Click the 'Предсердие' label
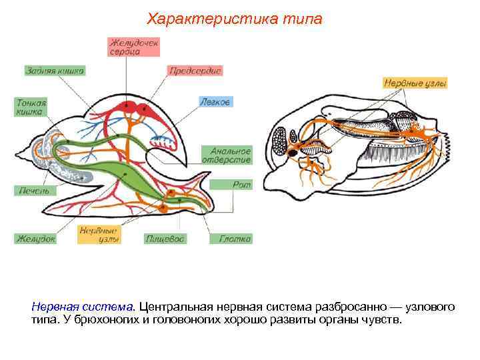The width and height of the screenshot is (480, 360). pos(195,70)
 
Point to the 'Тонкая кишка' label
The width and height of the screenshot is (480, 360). pos(31,107)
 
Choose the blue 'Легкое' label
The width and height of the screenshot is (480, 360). pos(215,102)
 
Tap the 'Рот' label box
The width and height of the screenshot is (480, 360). pos(241,185)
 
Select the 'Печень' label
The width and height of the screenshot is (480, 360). pos(33,190)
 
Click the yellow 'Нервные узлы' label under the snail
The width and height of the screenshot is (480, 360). pos(99,234)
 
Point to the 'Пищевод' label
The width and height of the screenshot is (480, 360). pos(165,238)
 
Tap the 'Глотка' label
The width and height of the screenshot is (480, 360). pos(235,238)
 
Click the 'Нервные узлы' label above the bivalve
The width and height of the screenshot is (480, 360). pos(415,83)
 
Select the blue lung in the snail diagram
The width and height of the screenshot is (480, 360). pos(162,141)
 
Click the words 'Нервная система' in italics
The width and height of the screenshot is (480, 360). pos(83,307)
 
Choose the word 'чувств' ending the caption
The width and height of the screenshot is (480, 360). pos(385,320)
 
